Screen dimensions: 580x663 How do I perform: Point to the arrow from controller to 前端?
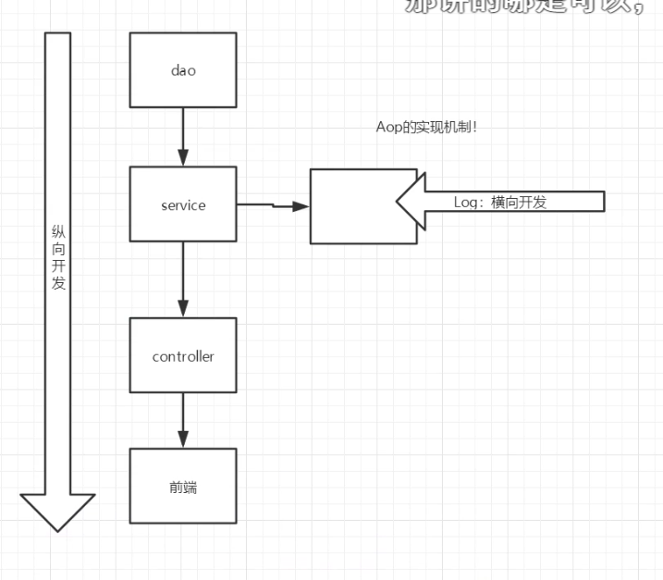point(183,421)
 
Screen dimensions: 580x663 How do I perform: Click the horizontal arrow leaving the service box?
point(272,205)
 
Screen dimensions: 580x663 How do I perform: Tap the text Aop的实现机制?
point(421,127)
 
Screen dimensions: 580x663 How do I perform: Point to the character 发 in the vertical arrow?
point(58,283)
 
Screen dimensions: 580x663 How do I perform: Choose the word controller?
point(183,356)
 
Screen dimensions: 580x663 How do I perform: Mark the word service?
point(182,204)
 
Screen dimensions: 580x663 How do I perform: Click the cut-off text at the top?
point(527,6)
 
